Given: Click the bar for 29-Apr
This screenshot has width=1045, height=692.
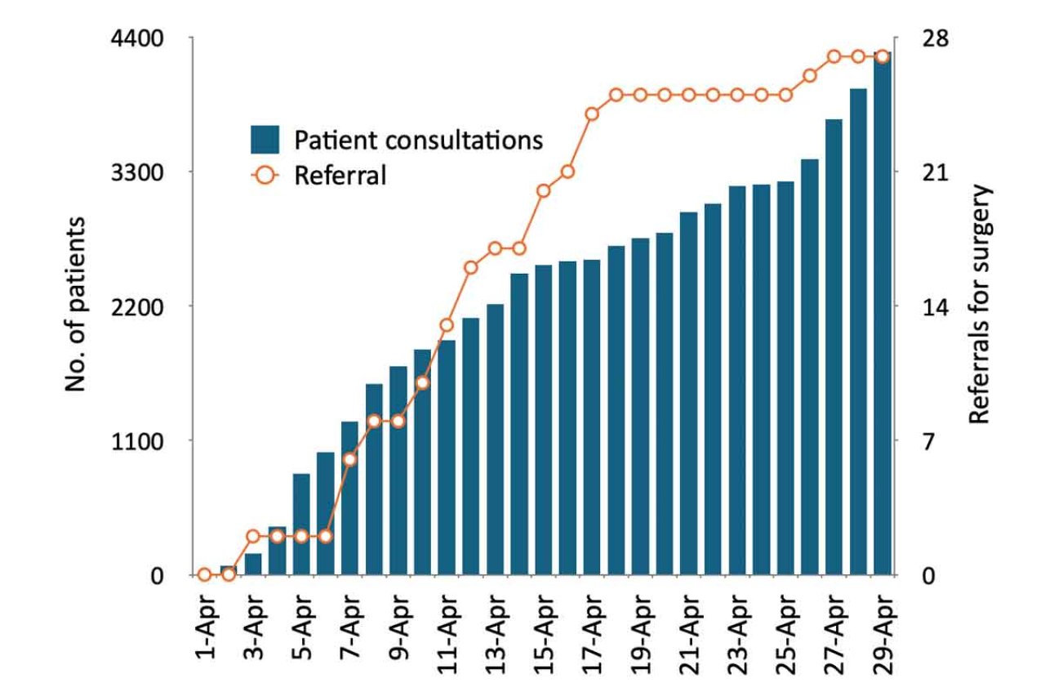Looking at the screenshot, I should pos(882,315).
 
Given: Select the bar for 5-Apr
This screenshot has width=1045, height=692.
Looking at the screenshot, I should pos(301,524).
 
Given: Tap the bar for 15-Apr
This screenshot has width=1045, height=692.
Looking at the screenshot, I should pos(543,420).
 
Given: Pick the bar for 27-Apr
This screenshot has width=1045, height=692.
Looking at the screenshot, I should pos(834,347).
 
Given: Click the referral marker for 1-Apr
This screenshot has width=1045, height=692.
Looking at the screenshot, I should pos(204,574).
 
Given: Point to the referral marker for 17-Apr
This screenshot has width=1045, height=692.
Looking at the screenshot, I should pos(592,114).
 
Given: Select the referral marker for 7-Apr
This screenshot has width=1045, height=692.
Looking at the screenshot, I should pos(349,459).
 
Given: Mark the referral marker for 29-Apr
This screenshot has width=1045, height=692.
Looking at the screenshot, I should pos(882,56).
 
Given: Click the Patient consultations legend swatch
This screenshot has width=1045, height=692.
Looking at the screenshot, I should pos(266,140).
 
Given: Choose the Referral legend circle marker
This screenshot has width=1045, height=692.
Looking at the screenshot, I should pos(266,175).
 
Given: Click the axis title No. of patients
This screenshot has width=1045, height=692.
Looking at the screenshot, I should pos(75,304).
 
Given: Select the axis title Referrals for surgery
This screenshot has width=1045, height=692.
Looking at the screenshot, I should pos(979,304).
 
